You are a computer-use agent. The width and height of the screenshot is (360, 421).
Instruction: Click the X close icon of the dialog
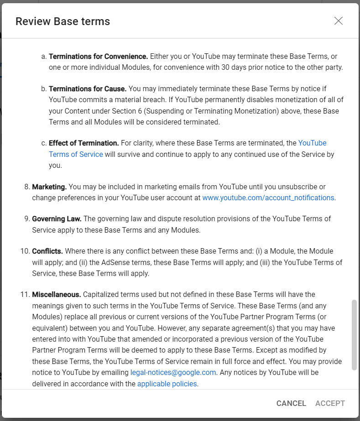point(338,21)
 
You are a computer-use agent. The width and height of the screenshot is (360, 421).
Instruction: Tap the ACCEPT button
point(330,403)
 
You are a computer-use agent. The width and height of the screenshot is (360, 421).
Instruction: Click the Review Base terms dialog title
point(63,21)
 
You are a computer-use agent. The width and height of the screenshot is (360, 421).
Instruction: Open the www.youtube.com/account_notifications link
point(268,198)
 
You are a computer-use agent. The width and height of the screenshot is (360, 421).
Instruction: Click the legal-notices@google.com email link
point(173,373)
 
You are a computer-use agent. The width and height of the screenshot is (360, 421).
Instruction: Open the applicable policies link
point(167,384)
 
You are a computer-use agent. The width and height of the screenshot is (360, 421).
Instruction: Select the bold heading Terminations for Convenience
point(98,57)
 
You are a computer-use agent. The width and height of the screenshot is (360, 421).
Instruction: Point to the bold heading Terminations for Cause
point(88,88)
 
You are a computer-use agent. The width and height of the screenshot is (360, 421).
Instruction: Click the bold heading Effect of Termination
point(83,143)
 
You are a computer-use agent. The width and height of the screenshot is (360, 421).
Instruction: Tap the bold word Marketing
point(49,187)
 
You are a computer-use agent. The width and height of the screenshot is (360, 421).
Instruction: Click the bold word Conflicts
point(47,251)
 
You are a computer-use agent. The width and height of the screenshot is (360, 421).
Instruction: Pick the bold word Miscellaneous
point(56,295)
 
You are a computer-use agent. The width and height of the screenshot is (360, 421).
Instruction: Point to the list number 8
point(26,187)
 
